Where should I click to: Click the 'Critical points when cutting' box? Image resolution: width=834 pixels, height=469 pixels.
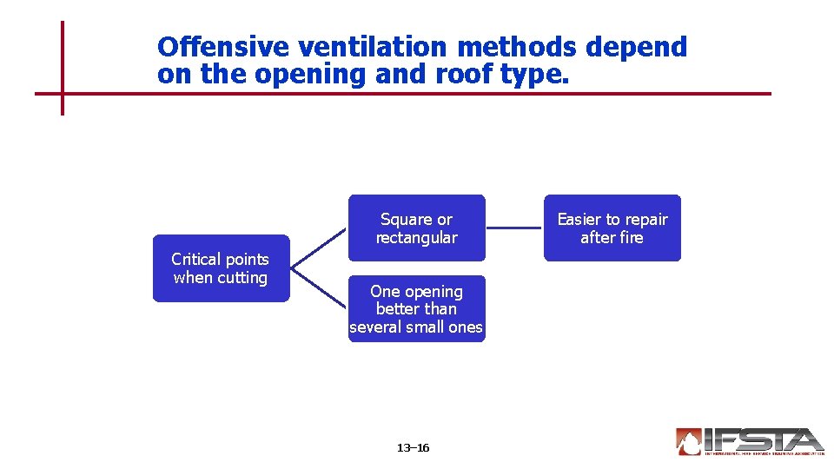tap(221, 268)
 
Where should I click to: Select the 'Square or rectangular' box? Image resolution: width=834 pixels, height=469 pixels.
tap(416, 228)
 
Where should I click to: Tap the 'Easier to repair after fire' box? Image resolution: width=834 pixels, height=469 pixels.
tap(612, 228)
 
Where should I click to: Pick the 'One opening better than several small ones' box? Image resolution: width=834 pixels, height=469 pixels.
tap(416, 309)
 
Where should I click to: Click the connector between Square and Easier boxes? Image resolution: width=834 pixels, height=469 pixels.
tap(514, 228)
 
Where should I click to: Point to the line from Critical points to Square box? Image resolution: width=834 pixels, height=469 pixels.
tap(319, 248)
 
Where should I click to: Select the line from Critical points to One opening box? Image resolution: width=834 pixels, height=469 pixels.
tap(319, 288)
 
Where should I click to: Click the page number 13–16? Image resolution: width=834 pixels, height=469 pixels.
tap(413, 448)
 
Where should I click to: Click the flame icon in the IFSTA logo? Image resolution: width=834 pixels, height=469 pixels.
tap(689, 442)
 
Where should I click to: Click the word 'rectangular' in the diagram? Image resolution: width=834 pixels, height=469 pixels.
tap(416, 238)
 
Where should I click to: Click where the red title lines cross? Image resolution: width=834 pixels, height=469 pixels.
tap(63, 93)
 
